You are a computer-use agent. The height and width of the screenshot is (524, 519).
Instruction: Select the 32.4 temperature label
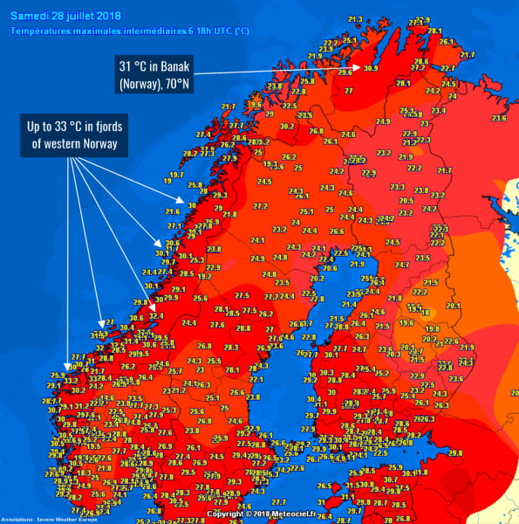coord(157,316)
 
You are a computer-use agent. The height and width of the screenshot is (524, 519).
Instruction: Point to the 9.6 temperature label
coord(256,104)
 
